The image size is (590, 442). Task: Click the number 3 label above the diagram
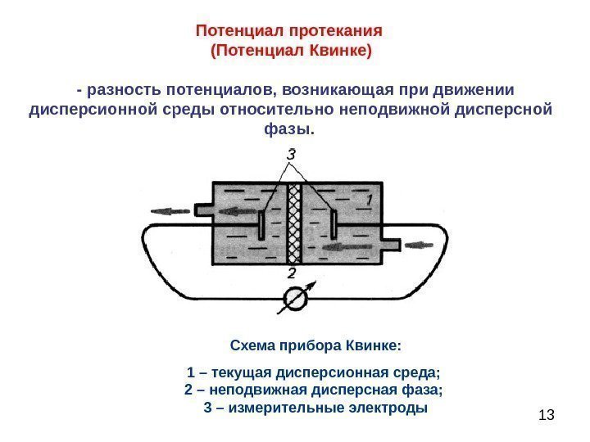(291, 154)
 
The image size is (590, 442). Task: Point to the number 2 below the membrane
(292, 273)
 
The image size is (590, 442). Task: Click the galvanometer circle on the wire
(293, 300)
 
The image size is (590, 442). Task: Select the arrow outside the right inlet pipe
(420, 244)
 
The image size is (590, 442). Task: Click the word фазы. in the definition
(290, 129)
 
